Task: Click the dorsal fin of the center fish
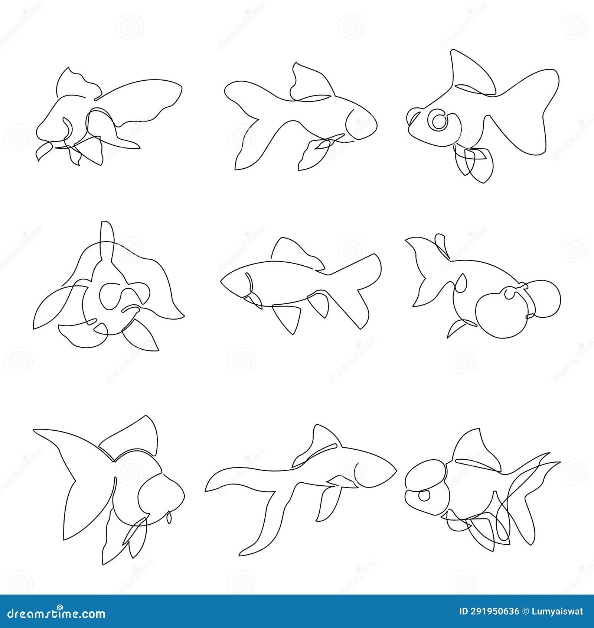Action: (293, 253)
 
